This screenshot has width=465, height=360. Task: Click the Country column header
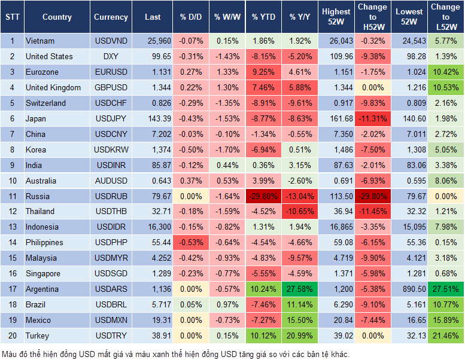(57, 17)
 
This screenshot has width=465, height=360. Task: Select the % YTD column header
(263, 17)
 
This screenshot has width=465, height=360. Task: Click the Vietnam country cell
(40, 41)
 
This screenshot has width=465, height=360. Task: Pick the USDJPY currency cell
(111, 119)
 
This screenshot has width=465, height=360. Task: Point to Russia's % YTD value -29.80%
(264, 196)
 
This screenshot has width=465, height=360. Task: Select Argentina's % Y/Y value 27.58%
(301, 289)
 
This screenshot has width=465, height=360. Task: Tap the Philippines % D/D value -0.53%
(190, 243)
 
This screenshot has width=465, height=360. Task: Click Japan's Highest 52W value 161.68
(336, 119)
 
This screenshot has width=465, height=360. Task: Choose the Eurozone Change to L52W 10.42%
(445, 72)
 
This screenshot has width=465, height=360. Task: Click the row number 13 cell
(12, 227)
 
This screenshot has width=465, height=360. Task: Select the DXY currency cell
(111, 57)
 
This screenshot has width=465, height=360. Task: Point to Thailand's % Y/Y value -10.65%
(301, 212)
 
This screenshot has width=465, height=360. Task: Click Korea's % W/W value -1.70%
(226, 150)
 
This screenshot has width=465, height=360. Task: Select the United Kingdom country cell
(53, 88)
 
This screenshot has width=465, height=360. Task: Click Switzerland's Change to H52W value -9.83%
(373, 103)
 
